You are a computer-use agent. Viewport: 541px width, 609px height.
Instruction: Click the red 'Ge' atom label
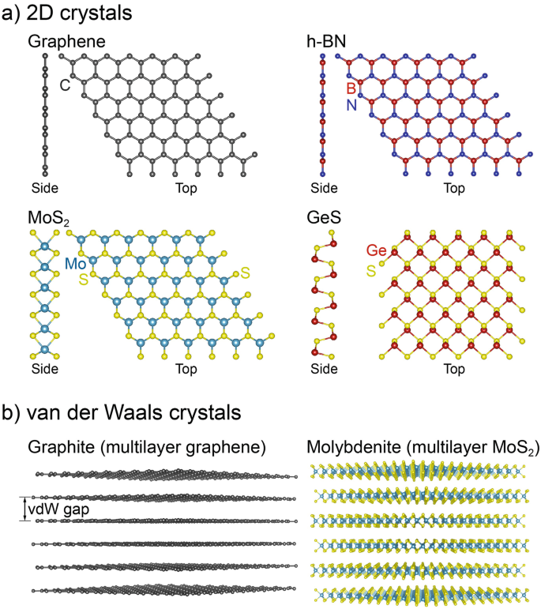[374, 251]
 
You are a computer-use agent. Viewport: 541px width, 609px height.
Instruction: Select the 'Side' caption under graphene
[45, 189]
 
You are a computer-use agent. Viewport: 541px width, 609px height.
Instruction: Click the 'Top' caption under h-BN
[454, 189]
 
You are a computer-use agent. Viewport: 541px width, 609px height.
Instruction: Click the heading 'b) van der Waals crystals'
[118, 412]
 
